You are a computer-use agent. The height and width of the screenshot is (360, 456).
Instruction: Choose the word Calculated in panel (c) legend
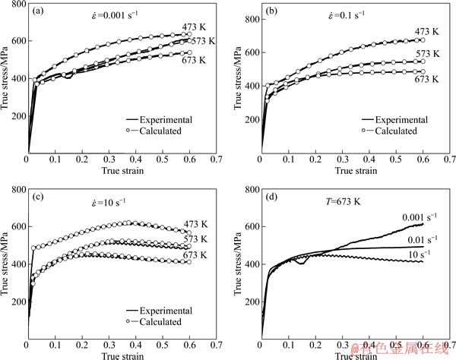tap(160, 322)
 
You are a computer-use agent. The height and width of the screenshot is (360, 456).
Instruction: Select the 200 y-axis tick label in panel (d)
tap(246, 302)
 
